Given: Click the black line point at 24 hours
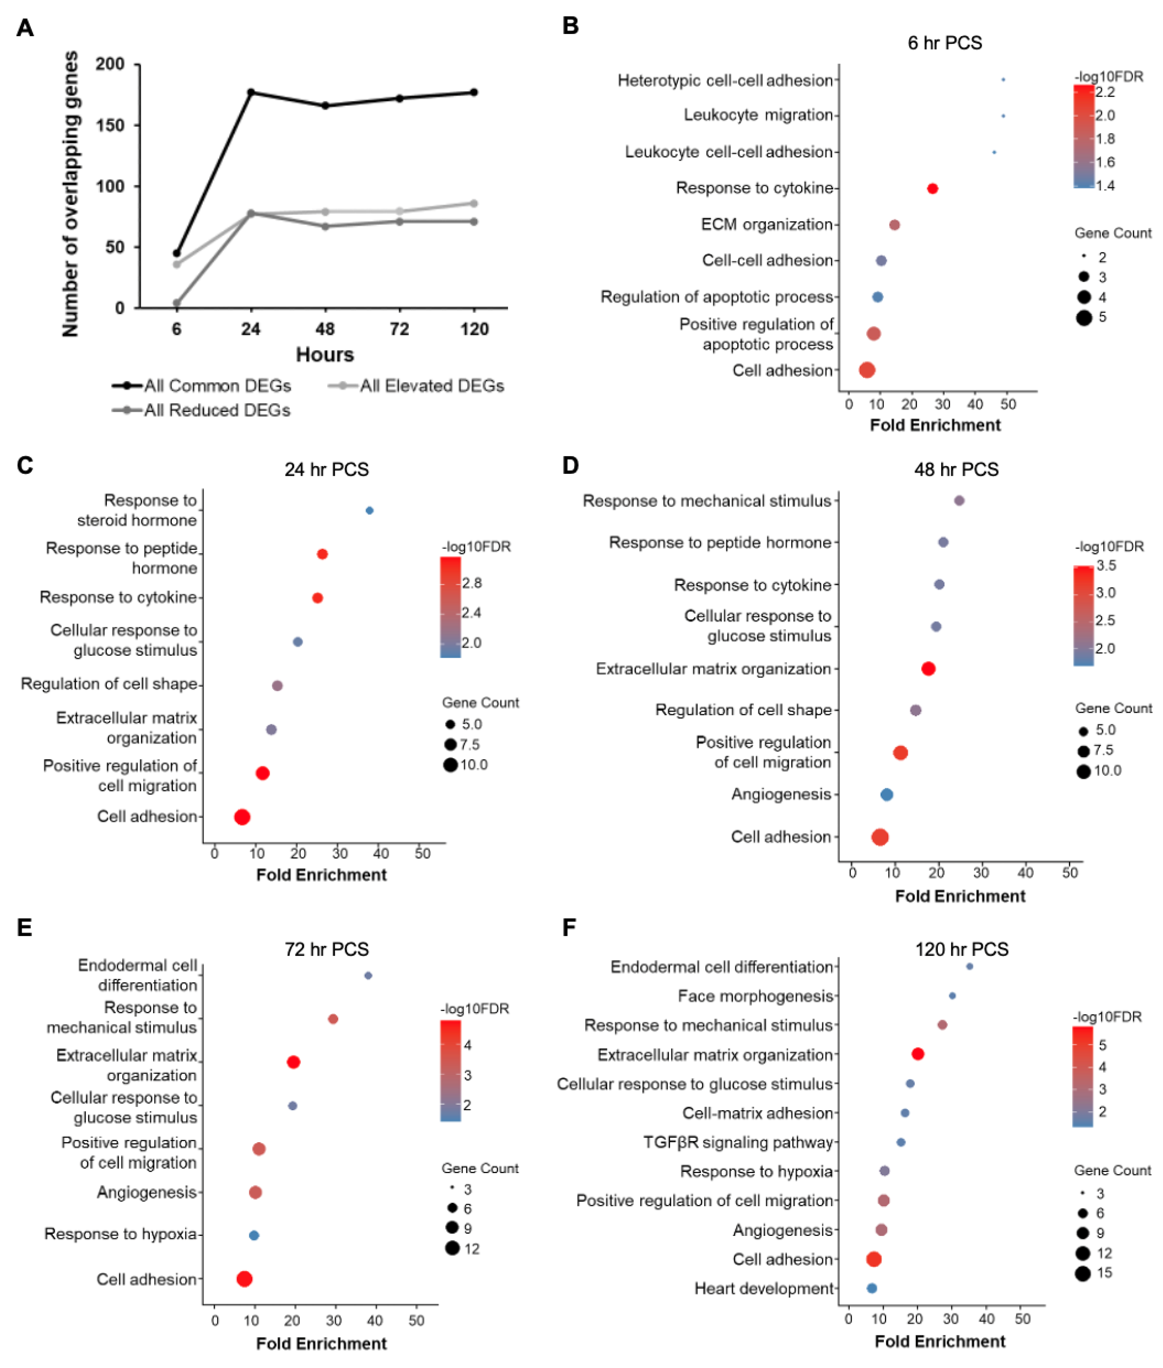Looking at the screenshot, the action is pyautogui.click(x=251, y=92).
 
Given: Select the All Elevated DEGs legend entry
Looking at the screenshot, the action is pyautogui.click(x=417, y=386).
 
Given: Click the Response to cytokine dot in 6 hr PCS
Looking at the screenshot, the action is pyautogui.click(x=932, y=189).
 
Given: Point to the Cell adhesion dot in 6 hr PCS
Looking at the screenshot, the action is pyautogui.click(x=867, y=370).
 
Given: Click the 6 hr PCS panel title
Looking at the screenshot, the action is pyautogui.click(x=945, y=43).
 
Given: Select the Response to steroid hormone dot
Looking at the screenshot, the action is pyautogui.click(x=369, y=510).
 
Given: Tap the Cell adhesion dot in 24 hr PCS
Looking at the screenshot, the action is pyautogui.click(x=242, y=817).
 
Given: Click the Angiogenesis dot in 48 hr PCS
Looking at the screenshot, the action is pyautogui.click(x=887, y=794).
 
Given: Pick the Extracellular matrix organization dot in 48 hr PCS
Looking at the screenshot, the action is pyautogui.click(x=928, y=668).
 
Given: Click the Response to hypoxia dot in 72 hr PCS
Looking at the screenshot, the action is pyautogui.click(x=254, y=1235).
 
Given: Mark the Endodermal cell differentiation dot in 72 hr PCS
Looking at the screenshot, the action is pyautogui.click(x=368, y=975).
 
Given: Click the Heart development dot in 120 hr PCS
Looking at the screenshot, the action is pyautogui.click(x=872, y=1288).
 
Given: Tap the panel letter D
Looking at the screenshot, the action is pyautogui.click(x=570, y=465).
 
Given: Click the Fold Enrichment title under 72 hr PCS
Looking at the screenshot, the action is pyautogui.click(x=321, y=1343).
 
